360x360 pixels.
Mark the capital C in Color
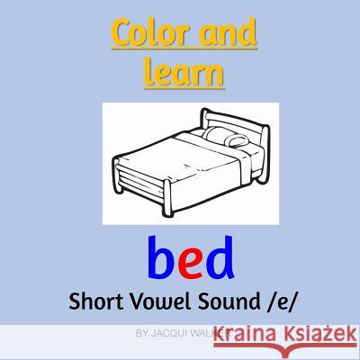[x=121, y=37]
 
